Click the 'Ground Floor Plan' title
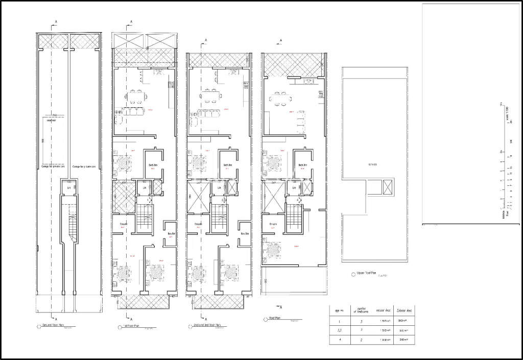(54, 325)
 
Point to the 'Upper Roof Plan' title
(366, 273)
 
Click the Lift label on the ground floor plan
(68, 188)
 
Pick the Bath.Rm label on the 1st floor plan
(152, 165)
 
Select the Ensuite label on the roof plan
(272, 224)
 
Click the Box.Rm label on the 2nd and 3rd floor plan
(244, 234)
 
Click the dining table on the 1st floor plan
(136, 95)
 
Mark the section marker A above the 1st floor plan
(131, 22)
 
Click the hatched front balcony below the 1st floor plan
(144, 301)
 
